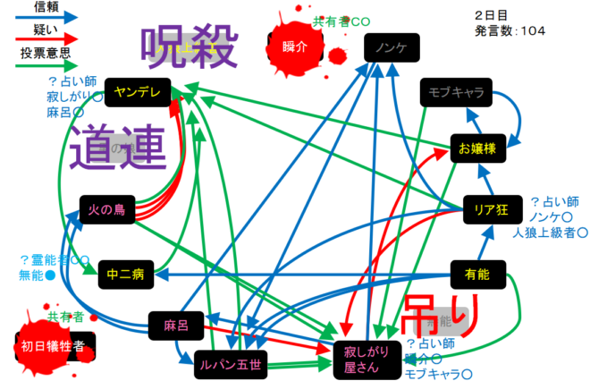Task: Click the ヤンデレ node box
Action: pyautogui.click(x=137, y=91)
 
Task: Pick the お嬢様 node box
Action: pyautogui.click(x=478, y=148)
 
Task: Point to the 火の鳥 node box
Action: pyautogui.click(x=107, y=210)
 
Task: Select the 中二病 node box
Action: pyautogui.click(x=125, y=275)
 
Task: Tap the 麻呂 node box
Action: pyautogui.click(x=176, y=325)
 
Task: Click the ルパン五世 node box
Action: pyautogui.click(x=231, y=363)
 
